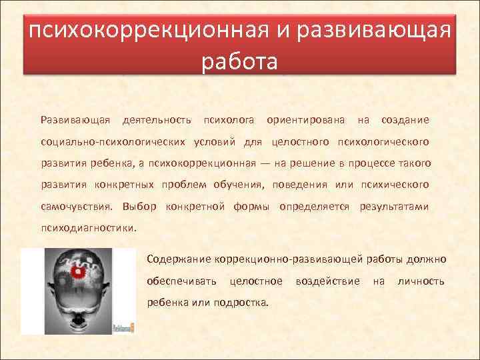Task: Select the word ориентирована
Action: click(x=305, y=120)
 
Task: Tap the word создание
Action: click(x=405, y=120)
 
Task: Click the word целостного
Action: click(x=301, y=142)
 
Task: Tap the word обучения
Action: click(x=239, y=185)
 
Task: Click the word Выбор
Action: click(x=139, y=206)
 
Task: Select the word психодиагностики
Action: click(x=89, y=227)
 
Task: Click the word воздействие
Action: click(x=328, y=281)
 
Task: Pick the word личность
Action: click(x=421, y=281)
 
